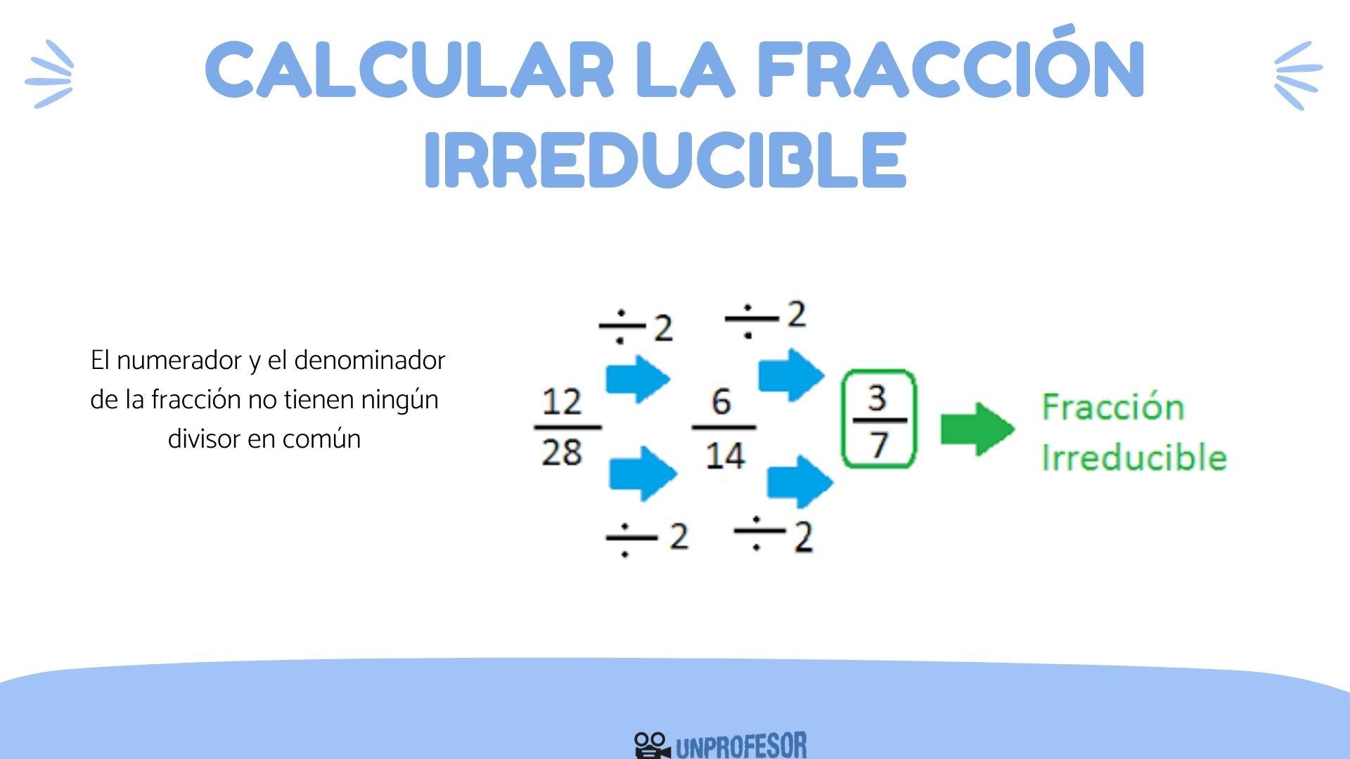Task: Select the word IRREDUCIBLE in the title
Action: [x=665, y=160]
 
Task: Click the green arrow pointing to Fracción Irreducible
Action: [x=977, y=428]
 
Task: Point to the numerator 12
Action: [x=562, y=403]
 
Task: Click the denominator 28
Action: [x=562, y=452]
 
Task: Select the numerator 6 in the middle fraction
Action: [x=721, y=402]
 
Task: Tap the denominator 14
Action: [x=724, y=455]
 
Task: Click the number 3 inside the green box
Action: [x=877, y=398]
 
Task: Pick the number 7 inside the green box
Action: [x=879, y=444]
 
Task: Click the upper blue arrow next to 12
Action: [x=638, y=379]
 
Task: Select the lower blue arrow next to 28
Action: [x=643, y=474]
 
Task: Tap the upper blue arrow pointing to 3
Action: [x=791, y=375]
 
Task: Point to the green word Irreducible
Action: [x=1133, y=458]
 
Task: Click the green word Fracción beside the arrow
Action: [x=1112, y=408]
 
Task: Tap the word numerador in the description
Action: [x=179, y=361]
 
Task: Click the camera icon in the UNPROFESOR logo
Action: [x=651, y=745]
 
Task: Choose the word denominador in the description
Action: [x=370, y=361]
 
